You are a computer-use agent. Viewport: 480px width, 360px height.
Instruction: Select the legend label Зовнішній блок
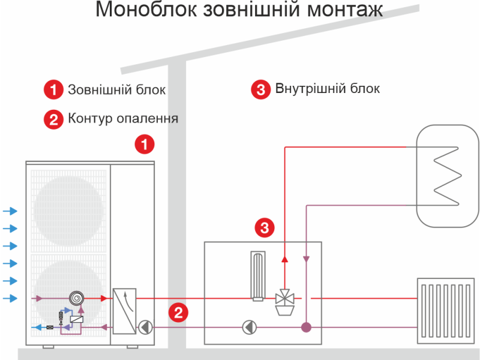[116, 90]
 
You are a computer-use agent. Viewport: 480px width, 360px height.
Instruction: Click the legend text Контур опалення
[123, 118]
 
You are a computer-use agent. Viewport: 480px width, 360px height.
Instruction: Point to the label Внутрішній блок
[328, 89]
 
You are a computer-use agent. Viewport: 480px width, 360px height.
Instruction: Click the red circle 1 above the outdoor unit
[144, 144]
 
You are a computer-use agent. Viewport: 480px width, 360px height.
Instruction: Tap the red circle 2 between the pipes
[178, 312]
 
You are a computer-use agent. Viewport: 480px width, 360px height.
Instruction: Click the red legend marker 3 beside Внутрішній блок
[260, 90]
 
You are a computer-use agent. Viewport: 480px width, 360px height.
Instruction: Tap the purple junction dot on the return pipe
[306, 327]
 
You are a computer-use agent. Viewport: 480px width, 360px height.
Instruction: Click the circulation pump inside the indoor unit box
[249, 327]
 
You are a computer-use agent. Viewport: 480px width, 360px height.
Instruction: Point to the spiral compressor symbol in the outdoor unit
[77, 298]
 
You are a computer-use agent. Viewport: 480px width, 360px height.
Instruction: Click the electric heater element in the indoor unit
[258, 275]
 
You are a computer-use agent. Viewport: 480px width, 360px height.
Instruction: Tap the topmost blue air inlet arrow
[10, 211]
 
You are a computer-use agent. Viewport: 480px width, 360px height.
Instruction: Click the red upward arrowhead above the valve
[285, 259]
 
